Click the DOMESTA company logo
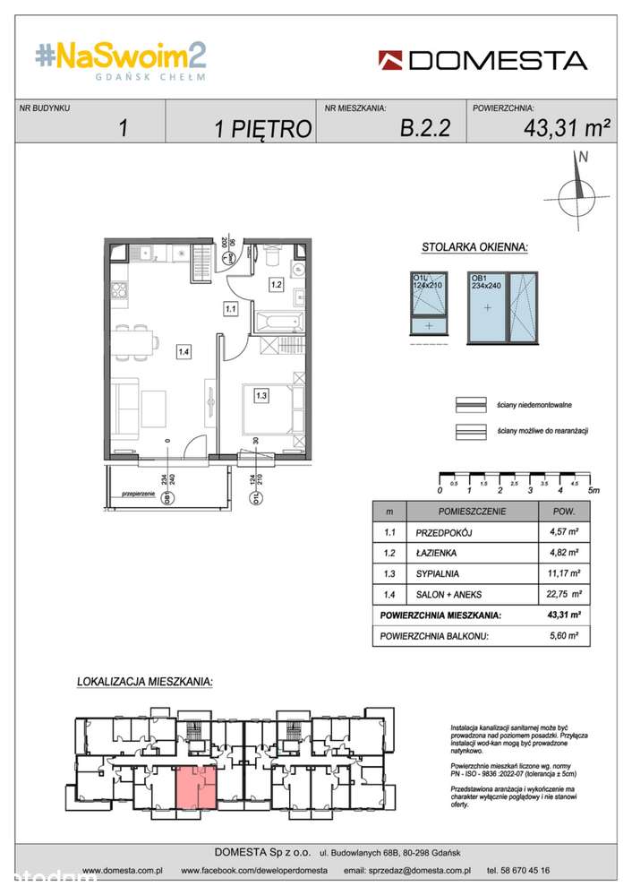click(483, 60)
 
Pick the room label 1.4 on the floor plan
click(183, 352)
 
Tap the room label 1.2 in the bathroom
click(277, 285)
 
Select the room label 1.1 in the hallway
click(230, 309)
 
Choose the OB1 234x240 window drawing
click(503, 308)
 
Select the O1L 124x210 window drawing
click(427, 308)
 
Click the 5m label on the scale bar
click(594, 491)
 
